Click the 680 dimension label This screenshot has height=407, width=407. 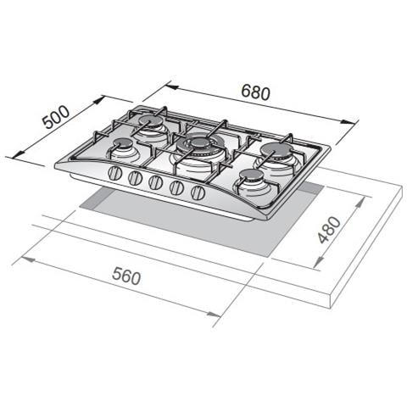(256, 92)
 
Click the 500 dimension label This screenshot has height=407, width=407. (56, 117)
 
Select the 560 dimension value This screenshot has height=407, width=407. (126, 276)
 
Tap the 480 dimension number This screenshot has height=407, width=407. (329, 230)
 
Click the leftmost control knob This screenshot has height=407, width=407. (115, 173)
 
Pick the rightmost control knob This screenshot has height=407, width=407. (198, 192)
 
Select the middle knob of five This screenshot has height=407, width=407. (156, 182)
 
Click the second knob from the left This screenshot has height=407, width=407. (135, 178)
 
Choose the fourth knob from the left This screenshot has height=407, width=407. (177, 187)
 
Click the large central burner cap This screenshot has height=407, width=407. (200, 142)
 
